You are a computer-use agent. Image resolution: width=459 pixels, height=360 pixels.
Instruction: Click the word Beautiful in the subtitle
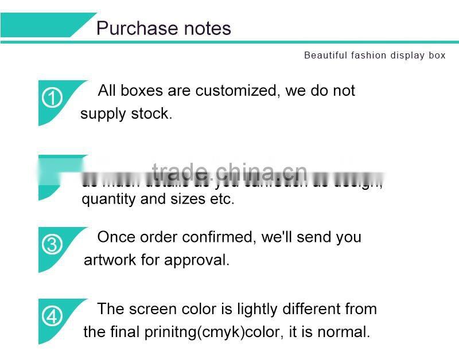[x=325, y=56]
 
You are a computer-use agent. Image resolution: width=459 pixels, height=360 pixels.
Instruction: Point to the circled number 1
[x=52, y=99]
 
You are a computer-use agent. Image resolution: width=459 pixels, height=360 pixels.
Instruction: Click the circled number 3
[x=52, y=245]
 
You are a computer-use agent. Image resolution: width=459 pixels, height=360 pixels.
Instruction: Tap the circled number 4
[x=52, y=316]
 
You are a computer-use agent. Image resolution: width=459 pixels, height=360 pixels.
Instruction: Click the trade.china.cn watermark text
[x=229, y=171]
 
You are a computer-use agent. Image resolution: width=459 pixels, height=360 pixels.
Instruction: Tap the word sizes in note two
[x=194, y=199]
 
